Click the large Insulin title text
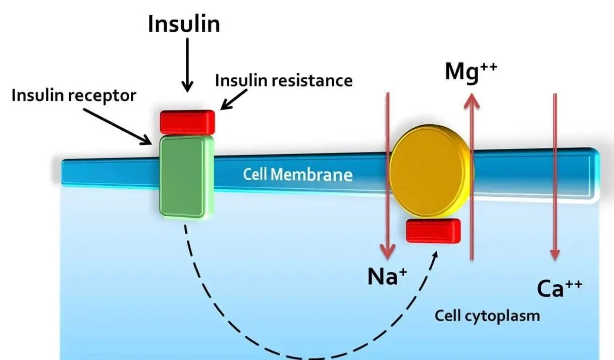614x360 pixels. coord(184,24)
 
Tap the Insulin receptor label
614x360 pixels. coord(74,95)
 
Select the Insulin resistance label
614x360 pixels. coord(284,80)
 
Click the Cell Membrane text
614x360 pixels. coord(297,175)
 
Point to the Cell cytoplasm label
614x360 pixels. coord(487,316)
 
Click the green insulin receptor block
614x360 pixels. coord(183,177)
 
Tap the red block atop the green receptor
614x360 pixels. coord(187,122)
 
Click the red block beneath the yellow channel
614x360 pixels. coord(433,231)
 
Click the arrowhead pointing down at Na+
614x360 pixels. coord(388,249)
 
